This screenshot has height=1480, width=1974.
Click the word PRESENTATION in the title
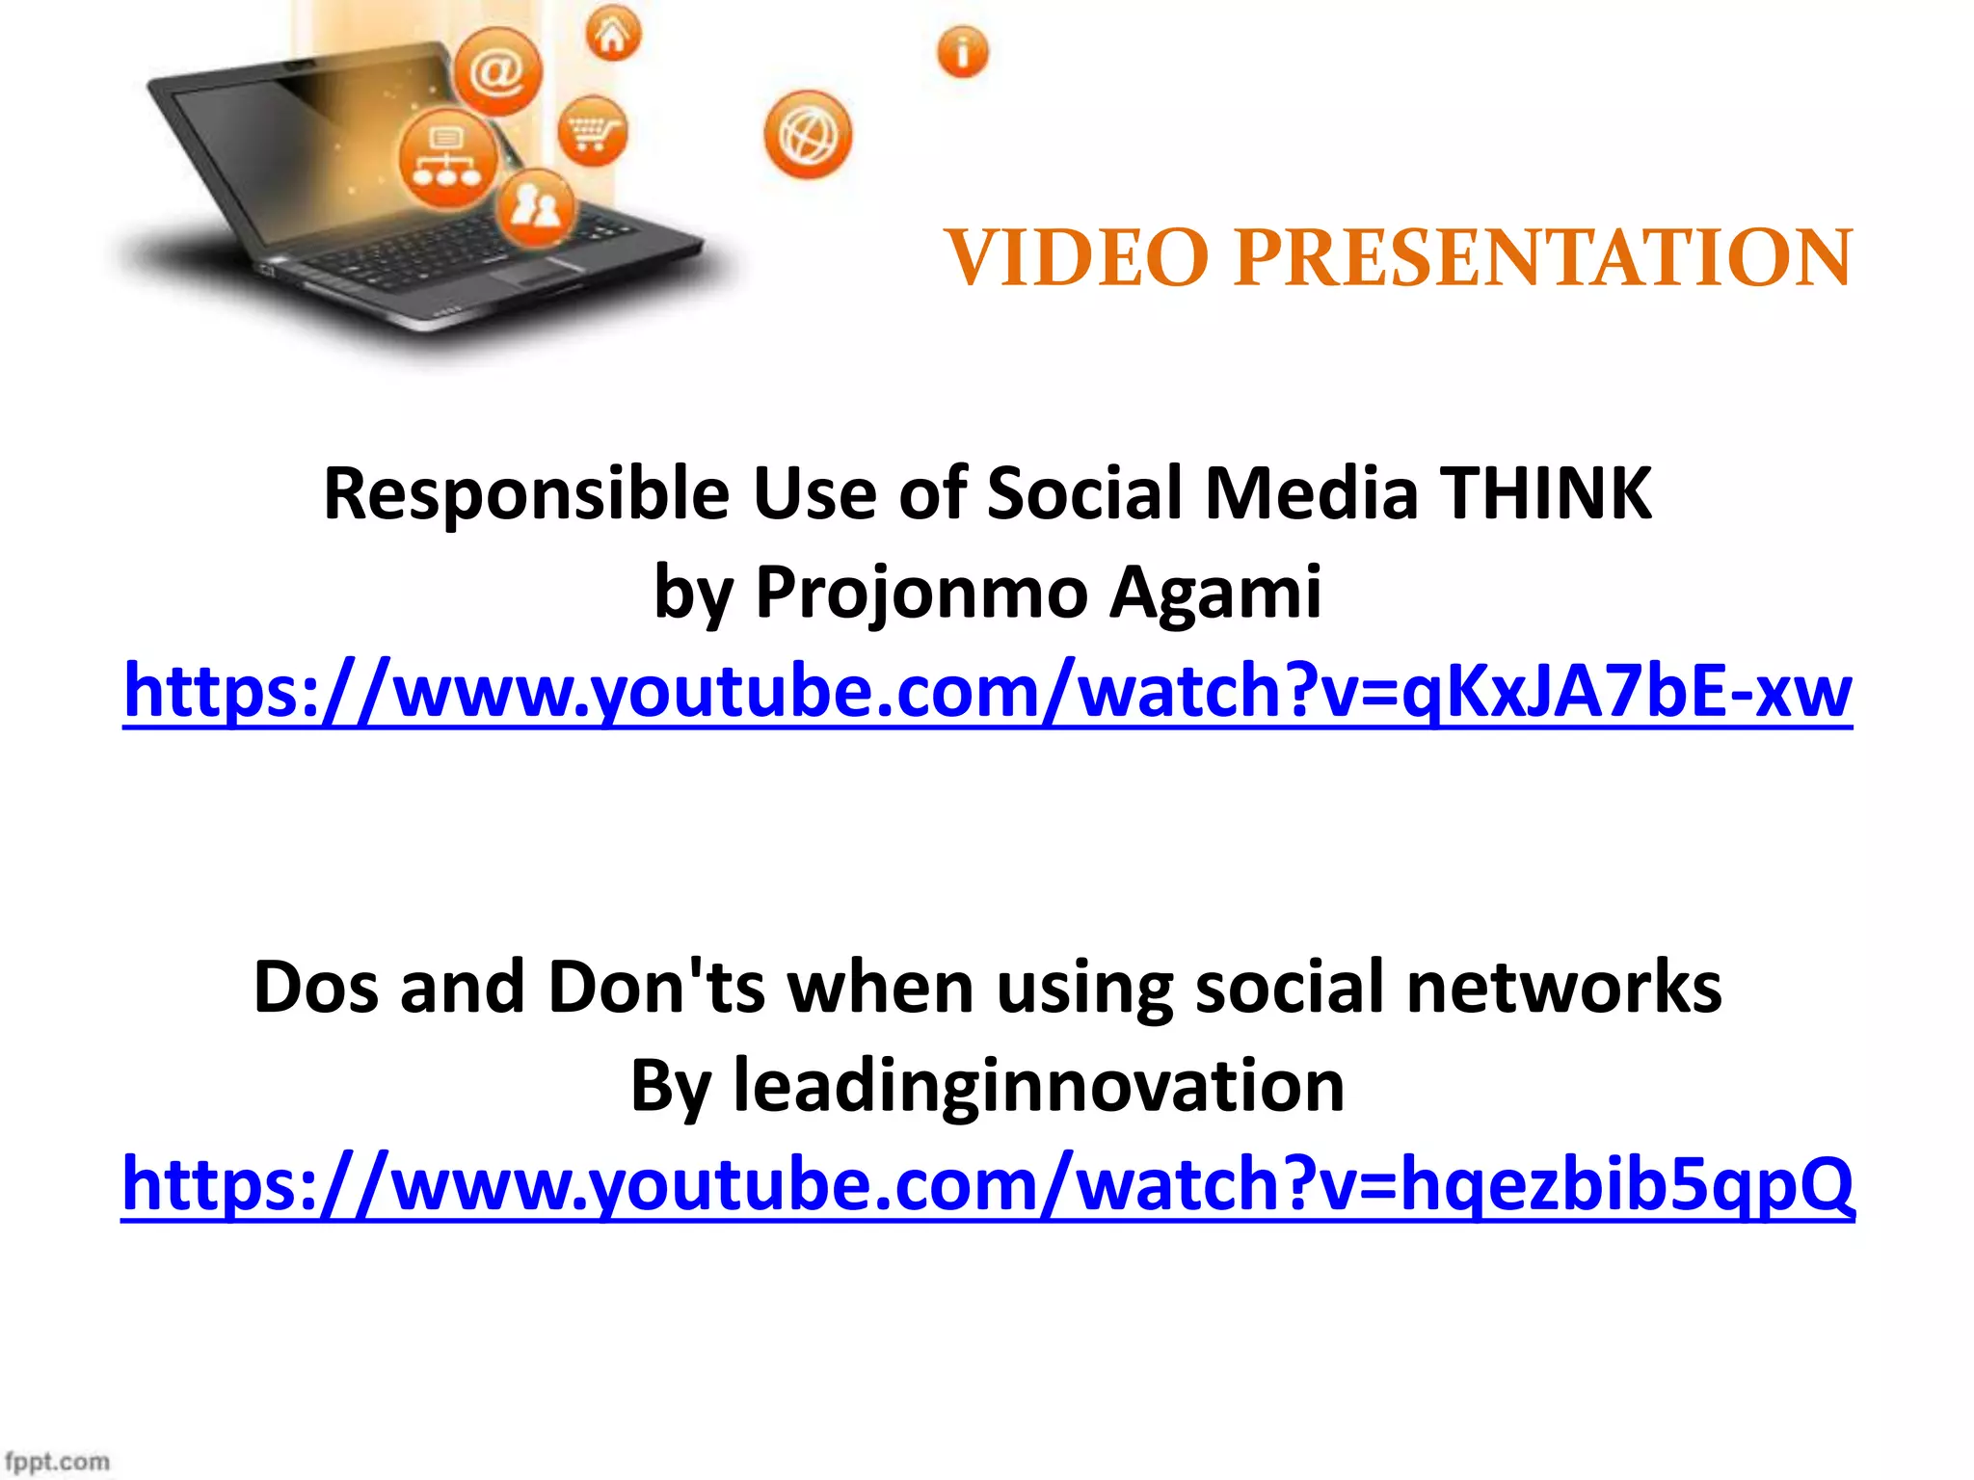click(1542, 258)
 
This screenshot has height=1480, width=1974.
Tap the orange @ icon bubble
click(497, 72)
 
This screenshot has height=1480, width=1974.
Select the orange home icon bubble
click(613, 35)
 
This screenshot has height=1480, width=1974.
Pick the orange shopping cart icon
click(592, 131)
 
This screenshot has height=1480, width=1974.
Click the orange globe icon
click(808, 135)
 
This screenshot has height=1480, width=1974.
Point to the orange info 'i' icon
click(962, 52)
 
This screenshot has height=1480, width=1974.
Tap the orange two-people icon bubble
click(536, 206)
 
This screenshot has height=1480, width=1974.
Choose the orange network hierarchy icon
click(447, 159)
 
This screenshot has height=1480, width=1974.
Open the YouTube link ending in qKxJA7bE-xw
click(987, 691)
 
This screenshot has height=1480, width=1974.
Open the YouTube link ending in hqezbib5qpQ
click(987, 1183)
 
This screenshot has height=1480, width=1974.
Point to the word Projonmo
click(921, 592)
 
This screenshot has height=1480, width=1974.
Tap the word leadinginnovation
click(1039, 1085)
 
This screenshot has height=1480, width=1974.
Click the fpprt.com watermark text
click(56, 1461)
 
